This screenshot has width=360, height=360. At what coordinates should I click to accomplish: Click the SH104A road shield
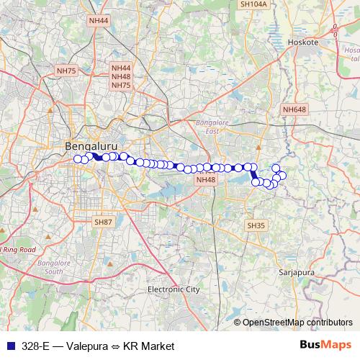pos(253,4)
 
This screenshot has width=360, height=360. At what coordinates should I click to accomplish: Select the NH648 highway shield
pos(294,109)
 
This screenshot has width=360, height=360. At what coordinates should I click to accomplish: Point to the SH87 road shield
pos(104,222)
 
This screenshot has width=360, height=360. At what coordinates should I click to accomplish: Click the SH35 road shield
pos(256,225)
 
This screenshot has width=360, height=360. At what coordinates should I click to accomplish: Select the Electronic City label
pos(173,289)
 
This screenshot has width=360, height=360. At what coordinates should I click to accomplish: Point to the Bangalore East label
pos(212,127)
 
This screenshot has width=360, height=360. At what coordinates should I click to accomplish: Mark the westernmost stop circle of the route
pos(78,159)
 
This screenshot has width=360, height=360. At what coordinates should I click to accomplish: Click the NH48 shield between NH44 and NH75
pos(120,76)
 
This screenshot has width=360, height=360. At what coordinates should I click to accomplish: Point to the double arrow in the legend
pos(115,346)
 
